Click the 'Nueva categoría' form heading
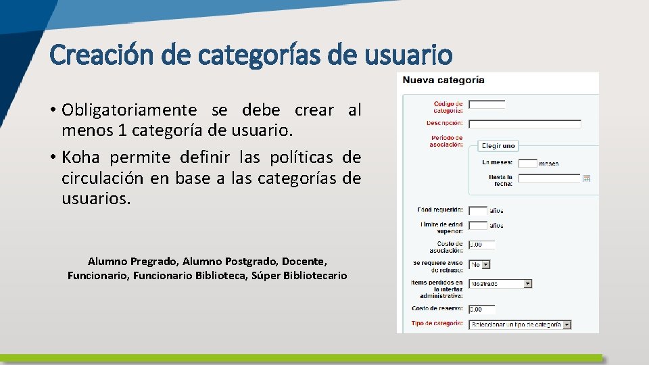(x=443, y=80)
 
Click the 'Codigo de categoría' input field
(x=487, y=105)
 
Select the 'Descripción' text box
(x=525, y=124)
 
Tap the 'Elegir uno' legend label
(x=499, y=145)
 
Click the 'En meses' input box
(x=527, y=163)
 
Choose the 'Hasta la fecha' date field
(x=549, y=178)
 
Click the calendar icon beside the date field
(x=587, y=178)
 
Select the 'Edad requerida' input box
(x=477, y=211)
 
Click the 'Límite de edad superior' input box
(x=477, y=225)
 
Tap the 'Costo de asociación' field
(x=481, y=245)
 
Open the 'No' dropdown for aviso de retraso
(x=479, y=265)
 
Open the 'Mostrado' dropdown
(x=500, y=284)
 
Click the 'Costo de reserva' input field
(x=481, y=310)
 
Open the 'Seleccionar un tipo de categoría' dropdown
(x=520, y=324)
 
